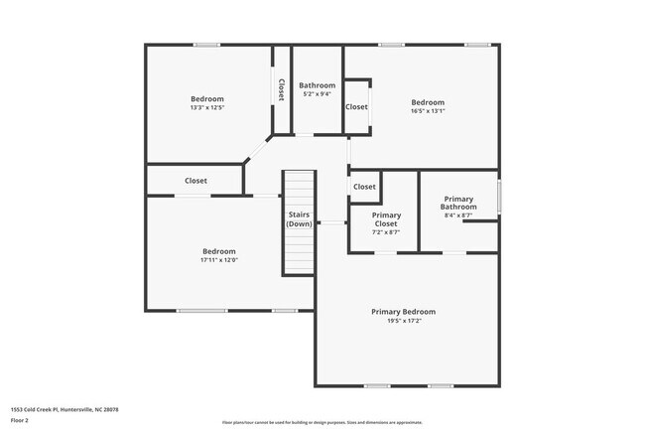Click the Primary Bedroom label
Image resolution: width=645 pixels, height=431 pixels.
[x=403, y=312]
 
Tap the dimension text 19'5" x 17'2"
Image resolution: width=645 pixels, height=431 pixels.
[x=403, y=322]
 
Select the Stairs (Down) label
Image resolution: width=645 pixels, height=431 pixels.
[x=300, y=219]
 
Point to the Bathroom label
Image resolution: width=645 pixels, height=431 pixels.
[x=318, y=85]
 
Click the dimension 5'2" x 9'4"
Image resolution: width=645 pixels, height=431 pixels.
[x=318, y=94]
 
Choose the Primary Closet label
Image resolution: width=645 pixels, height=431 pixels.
[x=386, y=219]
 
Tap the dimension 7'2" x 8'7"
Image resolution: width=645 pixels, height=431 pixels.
[x=386, y=232]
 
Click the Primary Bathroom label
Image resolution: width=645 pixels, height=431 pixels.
[x=459, y=203]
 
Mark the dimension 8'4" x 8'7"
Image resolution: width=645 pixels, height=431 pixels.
[x=459, y=215]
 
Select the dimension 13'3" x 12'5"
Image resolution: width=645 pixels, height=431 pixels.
[x=207, y=107]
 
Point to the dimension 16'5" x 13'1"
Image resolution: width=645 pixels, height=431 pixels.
[x=428, y=111]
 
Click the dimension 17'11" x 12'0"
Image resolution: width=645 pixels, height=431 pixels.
[x=219, y=260]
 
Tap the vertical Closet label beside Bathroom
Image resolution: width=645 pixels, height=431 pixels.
[x=281, y=90]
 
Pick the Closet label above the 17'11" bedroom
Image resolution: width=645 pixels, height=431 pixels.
[x=195, y=181]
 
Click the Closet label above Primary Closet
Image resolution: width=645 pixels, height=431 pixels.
[x=364, y=187]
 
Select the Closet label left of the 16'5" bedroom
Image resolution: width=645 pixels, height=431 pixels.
[x=356, y=107]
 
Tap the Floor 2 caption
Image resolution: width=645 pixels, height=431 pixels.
[x=20, y=420]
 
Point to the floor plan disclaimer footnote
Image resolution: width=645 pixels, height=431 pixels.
[x=322, y=423]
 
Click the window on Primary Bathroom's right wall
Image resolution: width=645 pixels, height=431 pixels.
[x=498, y=196]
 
